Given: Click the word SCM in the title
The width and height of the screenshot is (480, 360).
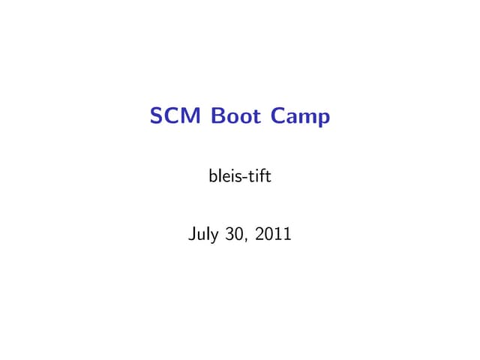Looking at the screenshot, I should pyautogui.click(x=177, y=117).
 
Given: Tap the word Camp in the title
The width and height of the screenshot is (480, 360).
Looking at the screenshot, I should pyautogui.click(x=300, y=118).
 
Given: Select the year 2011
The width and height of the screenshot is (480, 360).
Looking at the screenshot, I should pyautogui.click(x=274, y=236).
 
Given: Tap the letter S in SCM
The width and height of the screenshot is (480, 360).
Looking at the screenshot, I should pyautogui.click(x=157, y=117).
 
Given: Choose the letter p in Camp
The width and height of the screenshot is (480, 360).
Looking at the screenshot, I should pyautogui.click(x=323, y=119).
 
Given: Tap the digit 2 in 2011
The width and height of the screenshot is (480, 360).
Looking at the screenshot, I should pyautogui.click(x=259, y=236).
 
